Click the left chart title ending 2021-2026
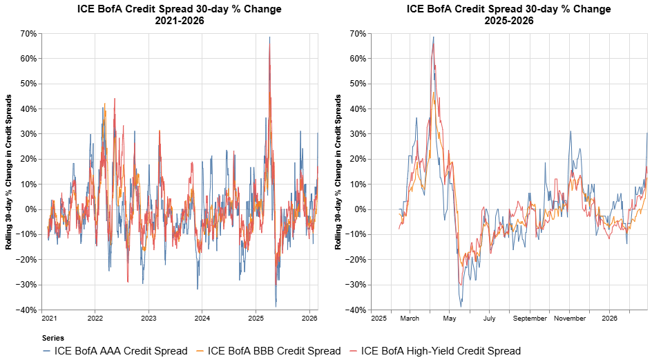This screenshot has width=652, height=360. (x=180, y=15)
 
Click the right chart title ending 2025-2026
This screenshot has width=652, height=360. (x=509, y=15)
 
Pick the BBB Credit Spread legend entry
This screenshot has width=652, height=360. (x=269, y=351)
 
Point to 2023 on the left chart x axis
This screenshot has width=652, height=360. (x=148, y=319)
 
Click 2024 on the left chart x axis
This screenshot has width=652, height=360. (x=202, y=319)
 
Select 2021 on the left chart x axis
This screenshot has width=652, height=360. (x=48, y=319)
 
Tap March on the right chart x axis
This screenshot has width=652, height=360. (x=410, y=319)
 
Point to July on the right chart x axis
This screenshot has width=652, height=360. (x=489, y=319)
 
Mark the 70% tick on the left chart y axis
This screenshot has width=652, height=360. (x=28, y=33)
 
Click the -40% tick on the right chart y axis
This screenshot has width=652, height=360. (x=356, y=310)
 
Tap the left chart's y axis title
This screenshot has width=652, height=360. (x=10, y=171)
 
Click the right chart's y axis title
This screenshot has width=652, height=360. (x=338, y=171)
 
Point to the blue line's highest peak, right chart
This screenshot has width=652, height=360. (x=433, y=37)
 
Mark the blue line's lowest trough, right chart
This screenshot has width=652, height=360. (x=461, y=306)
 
